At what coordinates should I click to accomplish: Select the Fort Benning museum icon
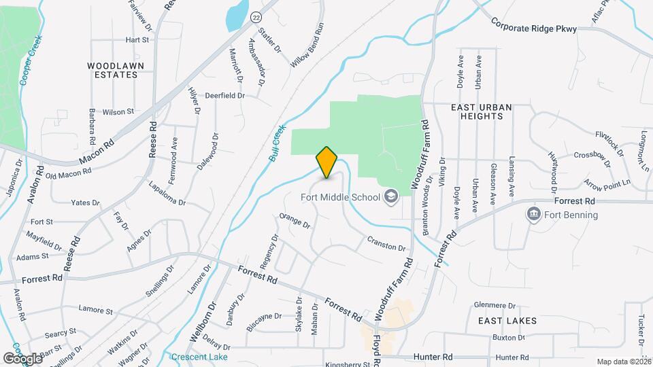(534, 215)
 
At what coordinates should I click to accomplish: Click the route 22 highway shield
(255, 17)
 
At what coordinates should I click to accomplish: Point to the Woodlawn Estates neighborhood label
(113, 70)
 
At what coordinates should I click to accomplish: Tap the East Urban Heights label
(477, 111)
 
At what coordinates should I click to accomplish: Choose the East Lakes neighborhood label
(507, 320)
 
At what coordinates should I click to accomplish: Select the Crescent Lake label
(200, 357)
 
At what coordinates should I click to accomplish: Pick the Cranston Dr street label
(386, 243)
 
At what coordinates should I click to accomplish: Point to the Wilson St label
(118, 111)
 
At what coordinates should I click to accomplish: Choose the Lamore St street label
(95, 311)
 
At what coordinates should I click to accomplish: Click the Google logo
(22, 358)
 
